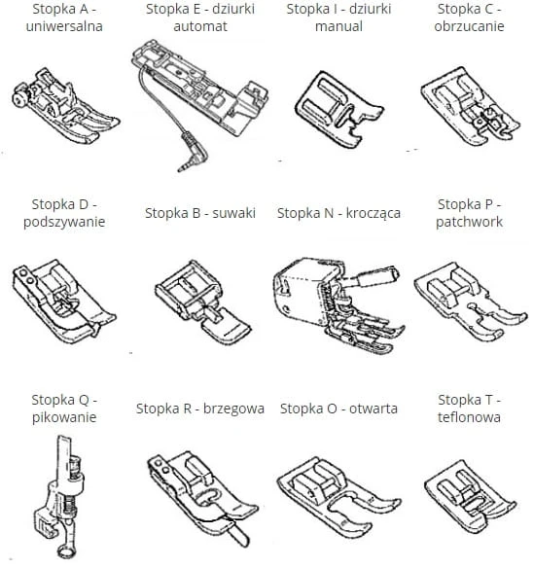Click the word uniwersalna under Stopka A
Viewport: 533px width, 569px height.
pyautogui.click(x=64, y=26)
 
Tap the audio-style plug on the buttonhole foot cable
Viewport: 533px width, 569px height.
pyautogui.click(x=193, y=153)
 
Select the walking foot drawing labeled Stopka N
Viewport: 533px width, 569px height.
pyautogui.click(x=338, y=305)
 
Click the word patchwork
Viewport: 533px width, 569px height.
pyautogui.click(x=469, y=222)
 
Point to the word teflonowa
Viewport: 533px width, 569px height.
pyautogui.click(x=469, y=417)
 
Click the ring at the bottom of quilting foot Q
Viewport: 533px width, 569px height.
pyautogui.click(x=66, y=551)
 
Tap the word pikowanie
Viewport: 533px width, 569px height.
pyautogui.click(x=64, y=417)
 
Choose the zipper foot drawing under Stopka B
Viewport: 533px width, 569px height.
pyautogui.click(x=203, y=302)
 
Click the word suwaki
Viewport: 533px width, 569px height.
pyautogui.click(x=234, y=213)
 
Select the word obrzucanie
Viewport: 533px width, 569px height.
pyautogui.click(x=469, y=26)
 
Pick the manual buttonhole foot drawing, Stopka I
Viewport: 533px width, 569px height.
pyautogui.click(x=339, y=110)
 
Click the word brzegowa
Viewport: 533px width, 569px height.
pyautogui.click(x=233, y=409)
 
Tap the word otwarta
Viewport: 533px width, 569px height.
pyautogui.click(x=373, y=409)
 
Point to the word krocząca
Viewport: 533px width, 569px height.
pyautogui.click(x=373, y=213)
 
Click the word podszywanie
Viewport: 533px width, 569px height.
pyautogui.click(x=64, y=222)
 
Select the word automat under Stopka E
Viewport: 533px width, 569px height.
pyautogui.click(x=200, y=26)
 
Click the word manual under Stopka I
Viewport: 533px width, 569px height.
pyautogui.click(x=338, y=26)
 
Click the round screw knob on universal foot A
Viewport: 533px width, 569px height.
pyautogui.click(x=18, y=99)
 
